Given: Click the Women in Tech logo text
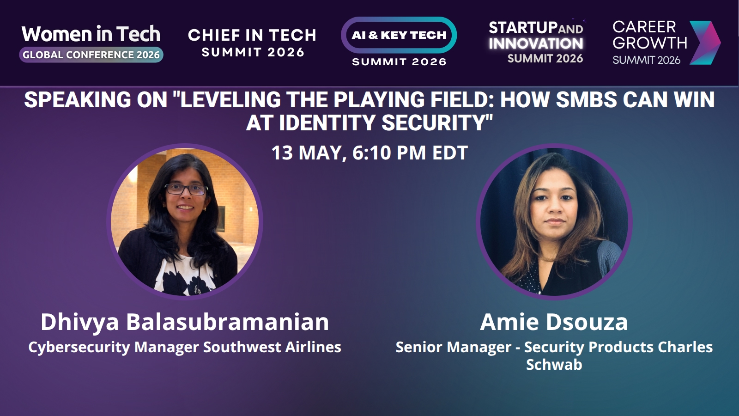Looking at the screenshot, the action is point(91,34).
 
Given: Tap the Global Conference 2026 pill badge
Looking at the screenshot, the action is point(91,55).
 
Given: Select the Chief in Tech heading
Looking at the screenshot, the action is point(252,35).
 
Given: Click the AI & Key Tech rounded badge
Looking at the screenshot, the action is point(399,35).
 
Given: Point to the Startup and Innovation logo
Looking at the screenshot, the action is point(536,42).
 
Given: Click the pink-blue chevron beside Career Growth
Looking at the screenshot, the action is point(705,43).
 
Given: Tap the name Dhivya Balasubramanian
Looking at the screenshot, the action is point(185,322).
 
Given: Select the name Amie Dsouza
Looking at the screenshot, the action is point(554,322).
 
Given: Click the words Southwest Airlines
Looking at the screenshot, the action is point(272,347).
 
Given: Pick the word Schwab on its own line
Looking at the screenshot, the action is point(554,365).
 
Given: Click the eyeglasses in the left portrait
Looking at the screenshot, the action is point(186,189).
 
